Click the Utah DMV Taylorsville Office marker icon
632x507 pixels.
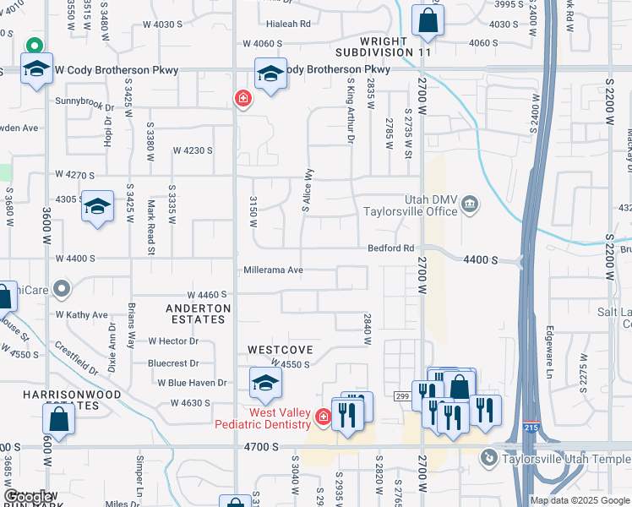(471, 204)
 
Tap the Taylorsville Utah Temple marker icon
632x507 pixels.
(488, 458)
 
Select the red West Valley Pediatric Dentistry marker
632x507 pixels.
(322, 417)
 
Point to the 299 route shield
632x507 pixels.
(402, 395)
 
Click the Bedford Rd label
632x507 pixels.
(390, 248)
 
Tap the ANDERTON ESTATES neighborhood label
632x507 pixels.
(196, 313)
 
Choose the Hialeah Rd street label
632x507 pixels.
(288, 25)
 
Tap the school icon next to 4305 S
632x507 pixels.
(97, 207)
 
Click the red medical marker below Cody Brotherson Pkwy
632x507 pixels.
(243, 100)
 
